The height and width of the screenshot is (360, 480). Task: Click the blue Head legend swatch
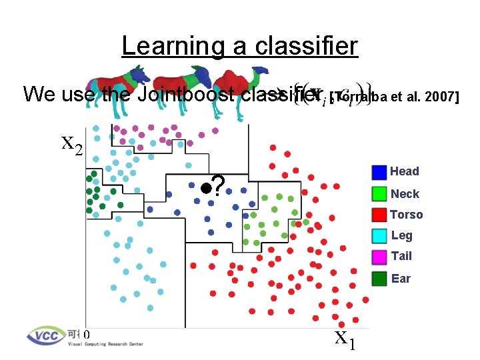pos(379,172)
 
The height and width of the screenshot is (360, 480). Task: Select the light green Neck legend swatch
pos(379,194)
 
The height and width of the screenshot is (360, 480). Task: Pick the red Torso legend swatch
pos(379,215)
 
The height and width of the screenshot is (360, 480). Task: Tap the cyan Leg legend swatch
pos(379,235)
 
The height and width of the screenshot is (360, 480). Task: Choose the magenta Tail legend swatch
pos(379,256)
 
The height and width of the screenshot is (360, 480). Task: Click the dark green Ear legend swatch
pos(379,279)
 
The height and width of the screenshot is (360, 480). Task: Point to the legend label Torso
pos(407,215)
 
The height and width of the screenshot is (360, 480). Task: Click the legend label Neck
pos(405,194)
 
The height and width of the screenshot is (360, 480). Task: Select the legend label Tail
pos(401,256)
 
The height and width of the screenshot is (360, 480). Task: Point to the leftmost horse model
pos(130,83)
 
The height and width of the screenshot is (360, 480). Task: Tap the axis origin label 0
pos(87,335)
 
